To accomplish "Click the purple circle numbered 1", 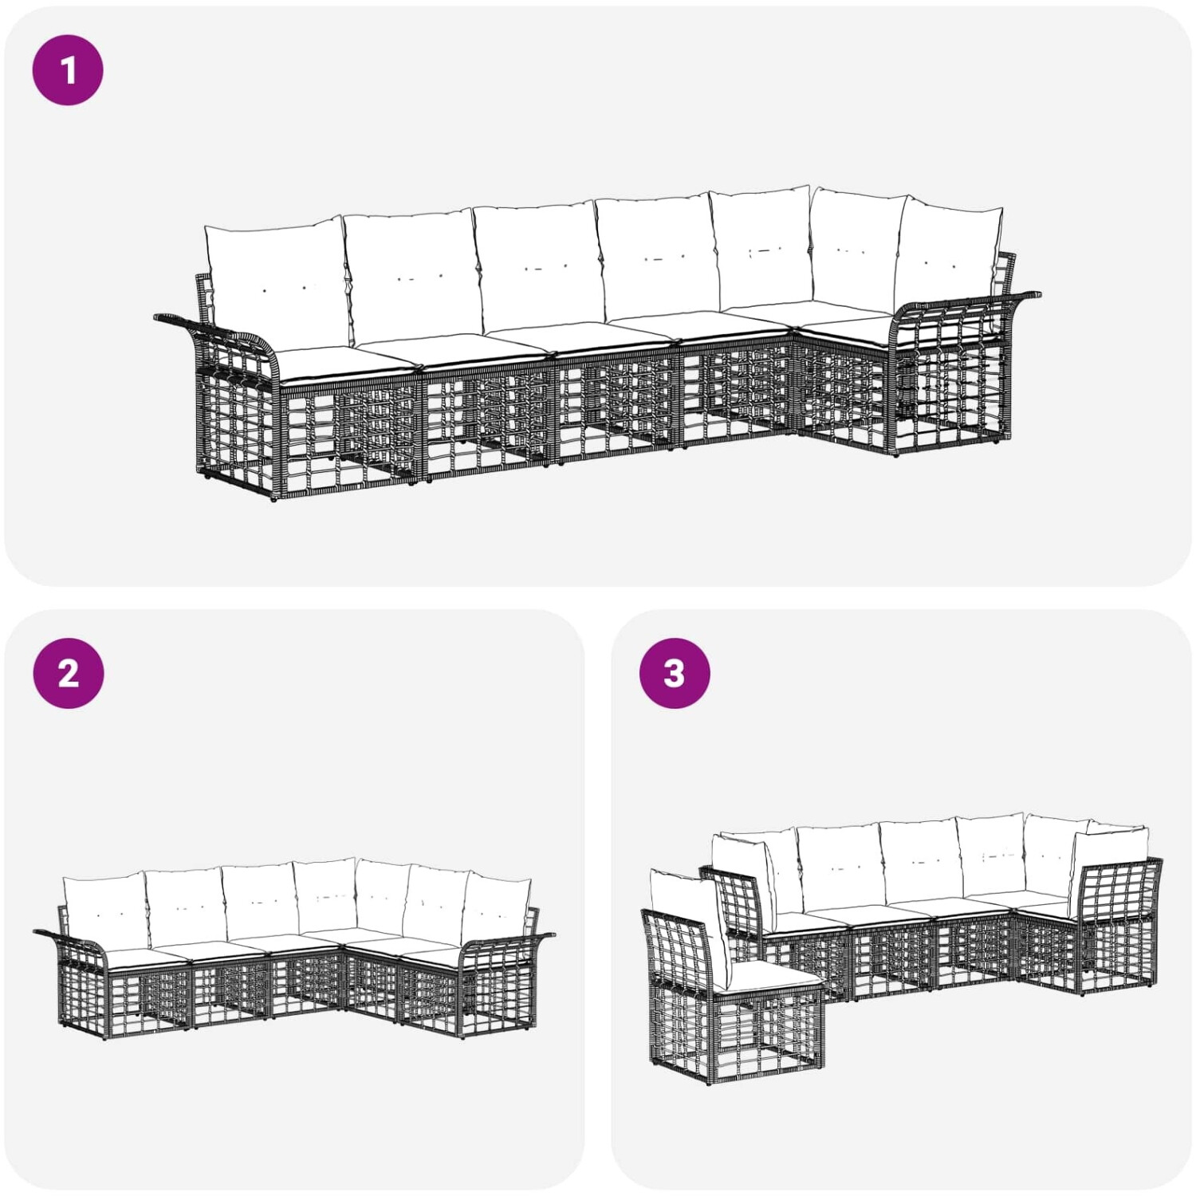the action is point(68,69).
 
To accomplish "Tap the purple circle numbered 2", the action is point(69,673).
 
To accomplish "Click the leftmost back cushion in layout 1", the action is point(276,284).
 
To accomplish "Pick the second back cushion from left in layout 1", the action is point(411,275).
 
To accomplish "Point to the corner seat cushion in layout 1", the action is point(845,328).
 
